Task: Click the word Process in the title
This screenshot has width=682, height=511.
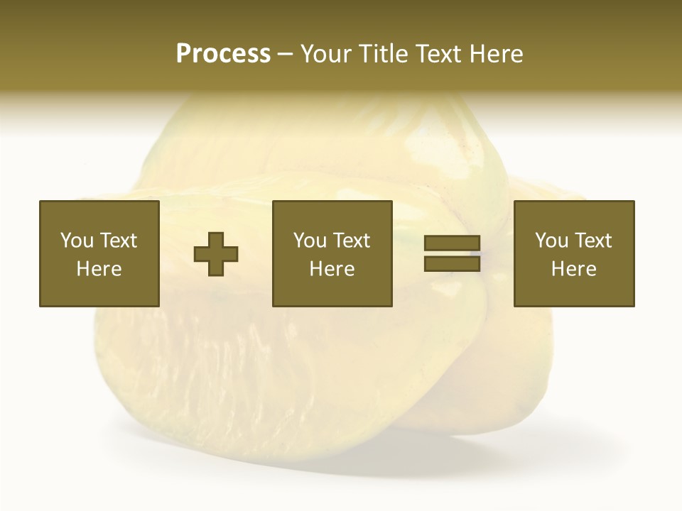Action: pyautogui.click(x=223, y=54)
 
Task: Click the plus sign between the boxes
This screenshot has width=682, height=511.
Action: pyautogui.click(x=216, y=254)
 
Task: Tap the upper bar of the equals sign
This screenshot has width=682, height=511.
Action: pyautogui.click(x=452, y=243)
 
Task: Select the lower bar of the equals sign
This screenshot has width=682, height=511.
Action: pyautogui.click(x=452, y=263)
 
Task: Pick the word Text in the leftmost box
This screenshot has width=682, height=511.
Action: pyautogui.click(x=117, y=241)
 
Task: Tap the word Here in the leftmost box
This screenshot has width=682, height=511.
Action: pyautogui.click(x=99, y=269)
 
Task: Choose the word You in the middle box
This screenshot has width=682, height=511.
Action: pyautogui.click(x=310, y=241)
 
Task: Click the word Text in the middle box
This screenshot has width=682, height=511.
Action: pyautogui.click(x=350, y=241)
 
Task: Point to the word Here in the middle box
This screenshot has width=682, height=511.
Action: pyautogui.click(x=332, y=269)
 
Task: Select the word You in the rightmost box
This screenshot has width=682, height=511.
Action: pyautogui.click(x=552, y=241)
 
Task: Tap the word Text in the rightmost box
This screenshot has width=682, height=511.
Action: pyautogui.click(x=592, y=241)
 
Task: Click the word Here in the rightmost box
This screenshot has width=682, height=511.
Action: pyautogui.click(x=573, y=269)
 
